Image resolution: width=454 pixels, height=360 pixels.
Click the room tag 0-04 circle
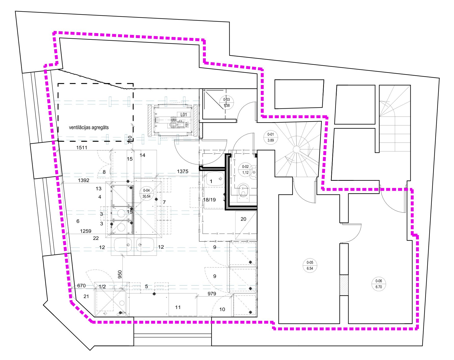click(x=146, y=194)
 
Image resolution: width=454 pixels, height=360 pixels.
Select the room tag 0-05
click(x=310, y=265)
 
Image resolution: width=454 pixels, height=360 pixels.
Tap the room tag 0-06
click(x=379, y=284)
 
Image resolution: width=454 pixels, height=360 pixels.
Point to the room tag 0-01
click(x=271, y=137)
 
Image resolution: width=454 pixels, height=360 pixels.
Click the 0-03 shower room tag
click(x=226, y=102)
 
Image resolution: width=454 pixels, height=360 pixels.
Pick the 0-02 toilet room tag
click(x=245, y=170)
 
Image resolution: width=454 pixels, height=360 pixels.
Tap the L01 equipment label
click(x=184, y=115)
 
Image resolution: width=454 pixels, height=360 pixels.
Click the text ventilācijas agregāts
click(x=89, y=127)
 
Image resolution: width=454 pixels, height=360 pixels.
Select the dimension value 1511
click(x=82, y=147)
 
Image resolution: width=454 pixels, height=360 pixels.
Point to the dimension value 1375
click(x=183, y=171)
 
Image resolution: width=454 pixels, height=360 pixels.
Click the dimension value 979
click(x=212, y=294)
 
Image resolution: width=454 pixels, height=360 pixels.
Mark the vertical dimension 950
click(x=120, y=274)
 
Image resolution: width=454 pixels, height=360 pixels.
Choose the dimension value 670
click(x=81, y=286)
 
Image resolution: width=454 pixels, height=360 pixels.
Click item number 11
click(x=178, y=307)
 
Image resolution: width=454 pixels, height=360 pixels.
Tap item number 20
click(x=243, y=219)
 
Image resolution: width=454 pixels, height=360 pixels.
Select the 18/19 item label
click(x=209, y=200)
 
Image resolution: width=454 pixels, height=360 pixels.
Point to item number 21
click(x=86, y=296)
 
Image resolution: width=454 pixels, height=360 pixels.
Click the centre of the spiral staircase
click(x=297, y=149)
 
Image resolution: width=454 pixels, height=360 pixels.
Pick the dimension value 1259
click(x=86, y=231)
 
